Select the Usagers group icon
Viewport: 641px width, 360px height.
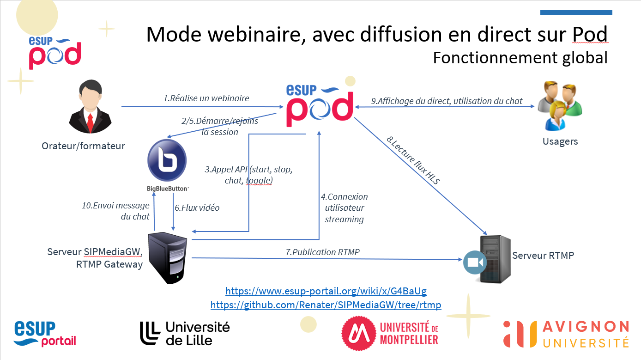tap(560, 106)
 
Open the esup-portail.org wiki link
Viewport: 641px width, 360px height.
tap(326, 291)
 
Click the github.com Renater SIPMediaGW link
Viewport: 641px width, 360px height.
tap(326, 305)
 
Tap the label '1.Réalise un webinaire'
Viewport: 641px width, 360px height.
tap(206, 98)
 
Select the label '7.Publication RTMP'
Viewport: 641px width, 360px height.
tap(322, 252)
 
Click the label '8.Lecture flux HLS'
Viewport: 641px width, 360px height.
tap(413, 160)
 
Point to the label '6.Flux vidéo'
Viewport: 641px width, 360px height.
tap(197, 207)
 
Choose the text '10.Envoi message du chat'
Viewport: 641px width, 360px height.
tap(116, 211)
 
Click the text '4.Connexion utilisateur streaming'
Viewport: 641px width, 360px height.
tap(344, 208)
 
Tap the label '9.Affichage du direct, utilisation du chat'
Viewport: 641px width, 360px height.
tap(447, 101)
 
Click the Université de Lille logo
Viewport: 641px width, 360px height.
tap(185, 334)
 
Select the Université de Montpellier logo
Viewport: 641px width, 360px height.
tap(390, 334)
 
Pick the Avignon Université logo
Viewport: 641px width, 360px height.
tap(566, 334)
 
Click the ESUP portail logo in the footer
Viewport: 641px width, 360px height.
tap(45, 334)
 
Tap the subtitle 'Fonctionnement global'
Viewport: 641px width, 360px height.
tap(520, 58)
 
